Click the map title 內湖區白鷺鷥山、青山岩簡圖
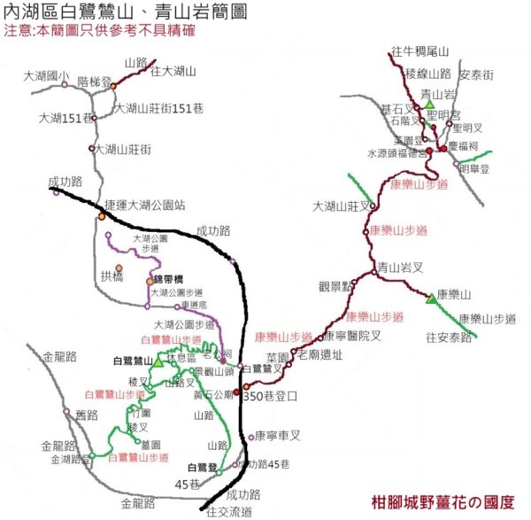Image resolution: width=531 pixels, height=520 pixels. coord(126,12)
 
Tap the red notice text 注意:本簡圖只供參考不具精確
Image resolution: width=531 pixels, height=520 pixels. coord(98,31)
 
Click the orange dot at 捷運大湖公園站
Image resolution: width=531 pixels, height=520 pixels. coord(102,216)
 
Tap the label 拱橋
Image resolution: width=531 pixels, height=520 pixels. coord(113,276)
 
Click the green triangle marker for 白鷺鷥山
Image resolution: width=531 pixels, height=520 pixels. coord(158,362)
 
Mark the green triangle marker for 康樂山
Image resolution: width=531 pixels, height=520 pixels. coord(431,299)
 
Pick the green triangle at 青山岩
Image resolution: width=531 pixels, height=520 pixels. coord(428,105)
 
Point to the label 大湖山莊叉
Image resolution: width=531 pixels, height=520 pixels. coord(340,206)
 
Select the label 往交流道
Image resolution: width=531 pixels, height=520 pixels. coord(229,511)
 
